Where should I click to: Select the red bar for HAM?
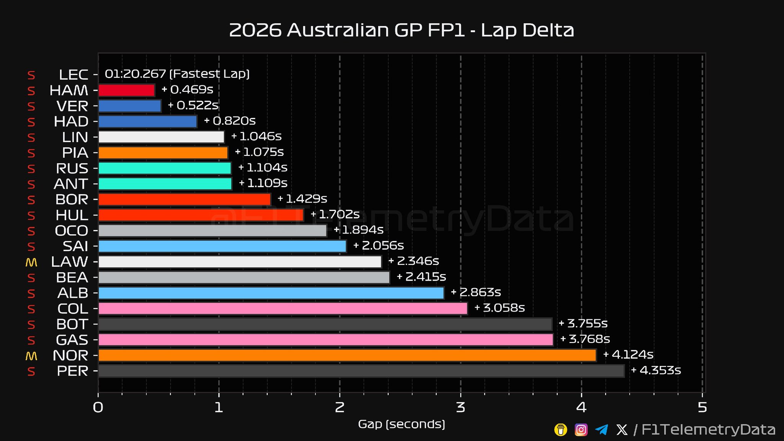pos(127,90)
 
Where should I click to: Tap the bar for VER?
pos(130,106)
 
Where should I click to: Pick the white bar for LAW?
pos(240,262)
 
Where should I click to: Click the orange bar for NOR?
pos(347,355)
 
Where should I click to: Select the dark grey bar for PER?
pos(361,371)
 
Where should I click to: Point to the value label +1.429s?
pos(302,199)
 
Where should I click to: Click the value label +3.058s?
pos(500,308)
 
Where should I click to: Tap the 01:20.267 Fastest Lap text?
pos(177,74)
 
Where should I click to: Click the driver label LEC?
pos(73,75)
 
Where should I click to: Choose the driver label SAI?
pos(75,246)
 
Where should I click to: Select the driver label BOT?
pos(72,324)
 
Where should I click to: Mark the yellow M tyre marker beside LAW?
pos(31,262)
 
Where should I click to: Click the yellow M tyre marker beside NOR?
pos(31,356)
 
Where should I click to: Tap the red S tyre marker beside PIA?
pos(31,153)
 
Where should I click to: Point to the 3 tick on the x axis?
pos(461,407)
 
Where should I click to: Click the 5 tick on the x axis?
pos(702,407)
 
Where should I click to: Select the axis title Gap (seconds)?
pos(401,424)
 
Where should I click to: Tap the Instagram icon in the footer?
pos(581,430)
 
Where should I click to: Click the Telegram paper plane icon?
pos(601,430)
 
